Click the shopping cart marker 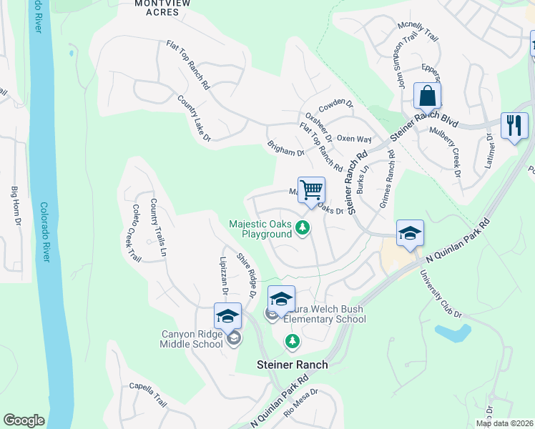coord(311,191)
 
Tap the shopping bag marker coord(427,96)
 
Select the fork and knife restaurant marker coord(514,127)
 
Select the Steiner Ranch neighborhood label coord(292,365)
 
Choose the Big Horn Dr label coord(15,206)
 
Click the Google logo coord(24,421)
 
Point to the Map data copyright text coord(504,423)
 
